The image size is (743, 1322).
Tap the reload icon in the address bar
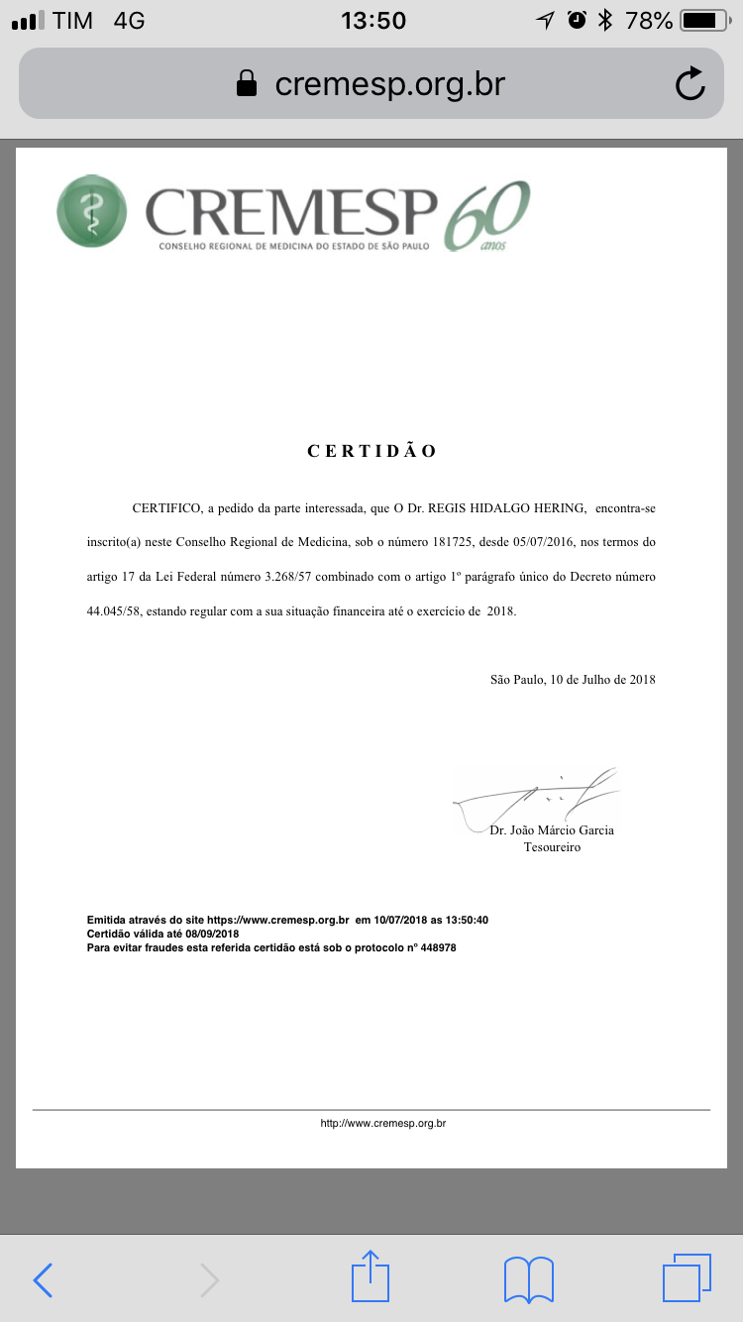pos(690,85)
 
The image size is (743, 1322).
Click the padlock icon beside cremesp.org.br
pos(247,85)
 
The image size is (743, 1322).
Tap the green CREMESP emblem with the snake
pos(92,211)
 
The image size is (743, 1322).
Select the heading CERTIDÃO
pos(371,451)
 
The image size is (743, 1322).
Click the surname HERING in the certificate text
pos(549,508)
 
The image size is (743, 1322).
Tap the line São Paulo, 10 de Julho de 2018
pos(573,680)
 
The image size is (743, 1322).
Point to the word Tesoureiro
pos(552,847)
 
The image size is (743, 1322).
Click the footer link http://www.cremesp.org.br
pos(383,1124)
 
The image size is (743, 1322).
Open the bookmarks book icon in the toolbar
pos(528,1278)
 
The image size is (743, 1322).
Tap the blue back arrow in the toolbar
pos(44,1280)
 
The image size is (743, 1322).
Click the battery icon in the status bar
pos(704,20)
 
